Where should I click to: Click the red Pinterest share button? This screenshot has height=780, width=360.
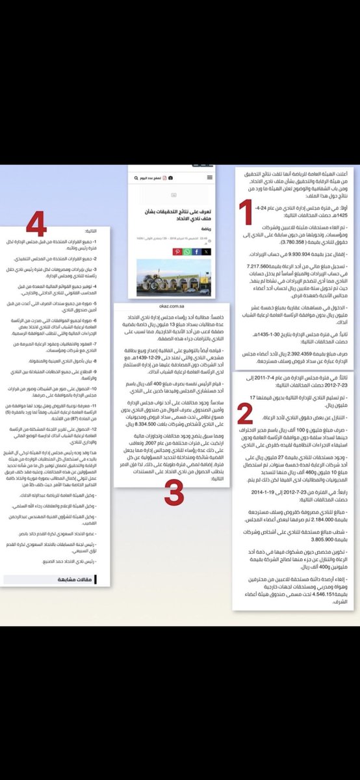(x=177, y=252)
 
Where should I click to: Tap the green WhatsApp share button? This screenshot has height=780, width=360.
(x=187, y=252)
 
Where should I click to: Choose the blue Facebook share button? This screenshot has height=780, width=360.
(x=197, y=252)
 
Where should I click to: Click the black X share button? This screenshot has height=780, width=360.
(x=207, y=252)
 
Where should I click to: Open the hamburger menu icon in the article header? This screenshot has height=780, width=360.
(x=209, y=178)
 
